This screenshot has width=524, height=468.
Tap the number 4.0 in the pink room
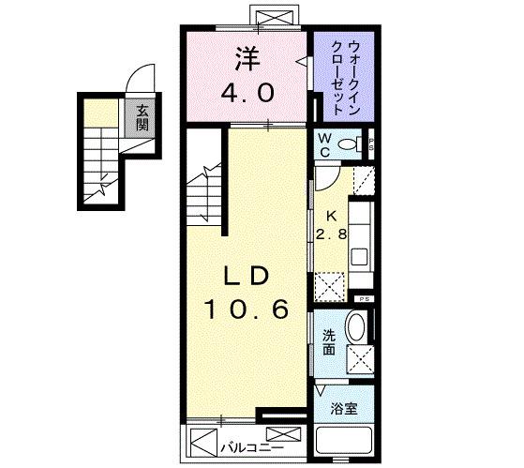248,93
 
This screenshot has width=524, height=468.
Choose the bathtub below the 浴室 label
343,441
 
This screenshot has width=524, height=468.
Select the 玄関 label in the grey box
142,117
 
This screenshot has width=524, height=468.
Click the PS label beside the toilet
371,145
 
